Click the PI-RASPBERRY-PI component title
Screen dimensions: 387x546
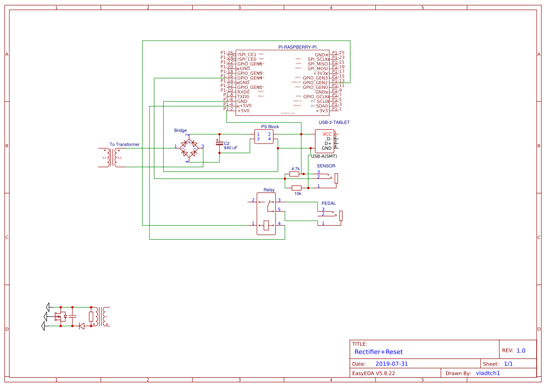297,47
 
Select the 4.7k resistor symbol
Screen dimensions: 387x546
295,174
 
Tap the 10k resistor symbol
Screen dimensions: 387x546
297,188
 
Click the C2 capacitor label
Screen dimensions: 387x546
227,143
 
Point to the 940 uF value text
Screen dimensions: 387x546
231,148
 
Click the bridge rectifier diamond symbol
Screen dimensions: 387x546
189,149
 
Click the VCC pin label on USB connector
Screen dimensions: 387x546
327,134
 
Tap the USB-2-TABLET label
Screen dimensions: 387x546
334,122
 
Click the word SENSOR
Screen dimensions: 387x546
326,166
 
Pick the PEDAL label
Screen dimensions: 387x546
328,203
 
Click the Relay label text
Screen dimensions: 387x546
269,190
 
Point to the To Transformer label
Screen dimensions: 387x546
124,144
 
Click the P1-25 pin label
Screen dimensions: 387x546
338,53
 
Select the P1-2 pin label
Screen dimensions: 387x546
228,109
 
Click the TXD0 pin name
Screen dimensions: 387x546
243,97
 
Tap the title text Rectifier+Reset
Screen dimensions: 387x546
378,352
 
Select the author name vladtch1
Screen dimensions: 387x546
488,373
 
